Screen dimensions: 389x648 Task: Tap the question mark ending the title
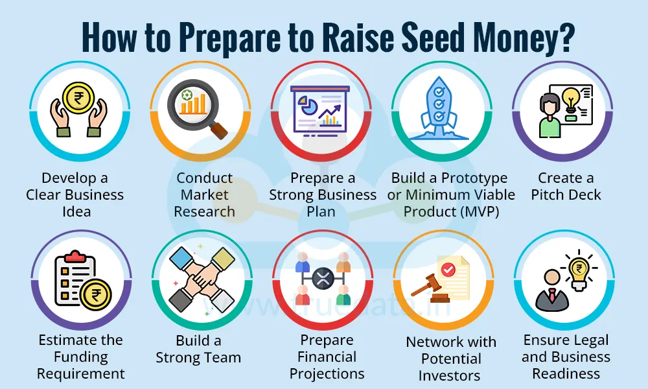tap(565, 38)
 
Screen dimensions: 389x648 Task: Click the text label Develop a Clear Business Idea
tap(75, 194)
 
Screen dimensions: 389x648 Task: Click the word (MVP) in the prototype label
tap(477, 211)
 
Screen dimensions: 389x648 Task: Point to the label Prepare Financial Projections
tap(327, 357)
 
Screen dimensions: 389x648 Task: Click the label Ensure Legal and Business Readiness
tap(566, 357)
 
